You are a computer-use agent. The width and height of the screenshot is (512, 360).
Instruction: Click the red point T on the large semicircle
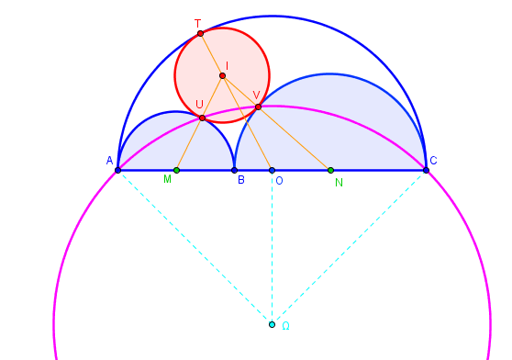coord(200,33)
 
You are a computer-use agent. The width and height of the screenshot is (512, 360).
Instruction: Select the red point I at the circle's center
coord(222,75)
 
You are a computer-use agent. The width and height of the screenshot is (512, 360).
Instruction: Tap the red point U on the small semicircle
coord(202,118)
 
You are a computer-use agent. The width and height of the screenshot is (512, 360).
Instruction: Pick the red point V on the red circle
coord(258,107)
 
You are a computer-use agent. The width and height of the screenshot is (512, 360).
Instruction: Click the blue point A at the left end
coord(117,170)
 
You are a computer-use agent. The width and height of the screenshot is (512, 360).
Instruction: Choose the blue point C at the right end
coord(426,170)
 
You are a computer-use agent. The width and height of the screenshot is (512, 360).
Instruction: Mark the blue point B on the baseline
coord(234,170)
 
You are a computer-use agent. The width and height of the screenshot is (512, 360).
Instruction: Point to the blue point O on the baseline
coord(272,170)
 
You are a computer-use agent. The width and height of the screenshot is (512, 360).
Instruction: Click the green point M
coord(176,170)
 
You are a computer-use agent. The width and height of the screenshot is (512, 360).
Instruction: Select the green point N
coord(330,170)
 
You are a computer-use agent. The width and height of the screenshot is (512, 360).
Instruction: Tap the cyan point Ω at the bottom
coord(272,324)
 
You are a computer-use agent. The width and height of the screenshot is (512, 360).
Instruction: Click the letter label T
coord(197,22)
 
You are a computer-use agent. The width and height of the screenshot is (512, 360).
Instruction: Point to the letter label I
coord(228,65)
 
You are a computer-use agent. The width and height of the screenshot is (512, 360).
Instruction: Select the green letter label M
coord(167,180)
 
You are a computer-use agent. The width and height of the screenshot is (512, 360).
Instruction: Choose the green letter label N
coord(339,182)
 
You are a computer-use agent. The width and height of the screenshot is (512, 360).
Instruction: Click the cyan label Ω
coord(285,326)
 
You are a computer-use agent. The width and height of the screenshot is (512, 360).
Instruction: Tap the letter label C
coord(433,161)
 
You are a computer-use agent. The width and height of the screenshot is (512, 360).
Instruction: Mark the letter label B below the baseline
coord(240,180)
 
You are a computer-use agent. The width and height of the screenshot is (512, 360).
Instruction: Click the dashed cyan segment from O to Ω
coord(272,248)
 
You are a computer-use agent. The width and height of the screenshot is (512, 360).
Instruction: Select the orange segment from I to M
coord(199,122)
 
